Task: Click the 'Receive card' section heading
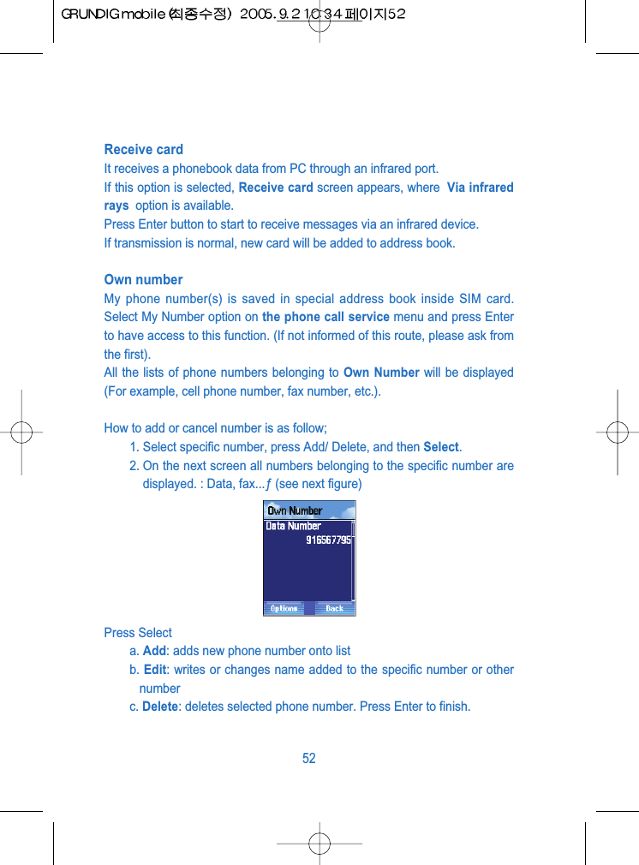click(x=143, y=150)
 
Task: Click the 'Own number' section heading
click(x=143, y=280)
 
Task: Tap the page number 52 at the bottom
click(x=309, y=759)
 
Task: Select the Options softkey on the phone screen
click(x=284, y=608)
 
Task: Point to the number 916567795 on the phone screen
click(x=328, y=540)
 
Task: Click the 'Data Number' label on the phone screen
click(x=293, y=526)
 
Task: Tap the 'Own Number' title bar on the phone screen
click(x=295, y=510)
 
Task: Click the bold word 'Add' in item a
click(x=154, y=651)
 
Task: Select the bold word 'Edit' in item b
click(x=155, y=670)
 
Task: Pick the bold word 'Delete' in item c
click(x=161, y=707)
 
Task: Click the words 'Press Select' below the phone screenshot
click(x=138, y=633)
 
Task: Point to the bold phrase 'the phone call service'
click(x=325, y=317)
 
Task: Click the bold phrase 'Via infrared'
click(x=480, y=188)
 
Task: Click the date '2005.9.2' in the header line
click(x=266, y=15)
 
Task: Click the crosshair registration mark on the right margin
click(x=616, y=432)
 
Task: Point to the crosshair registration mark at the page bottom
click(x=319, y=843)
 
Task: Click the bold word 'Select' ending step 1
click(x=441, y=447)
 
